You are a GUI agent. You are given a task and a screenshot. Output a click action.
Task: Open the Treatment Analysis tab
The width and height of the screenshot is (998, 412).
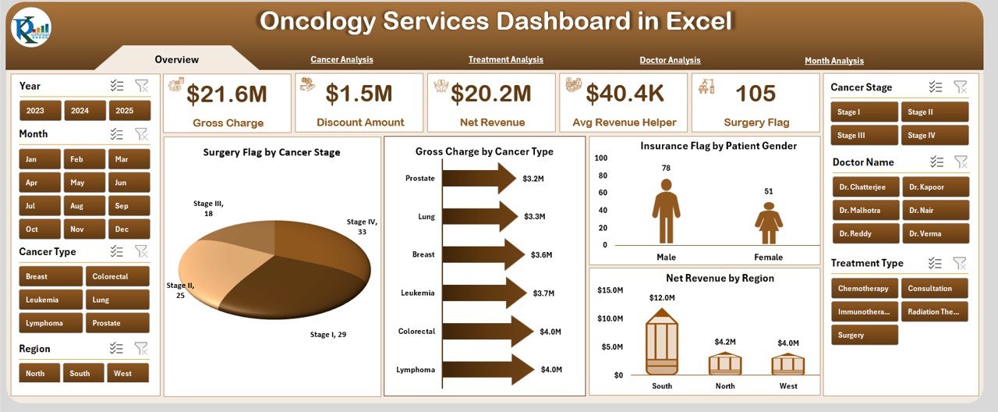[x=505, y=59]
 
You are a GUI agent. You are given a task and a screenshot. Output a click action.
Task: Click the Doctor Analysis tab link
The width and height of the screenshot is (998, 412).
[x=670, y=60]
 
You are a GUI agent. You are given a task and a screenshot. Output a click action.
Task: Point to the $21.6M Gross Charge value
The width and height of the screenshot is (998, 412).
[x=227, y=94]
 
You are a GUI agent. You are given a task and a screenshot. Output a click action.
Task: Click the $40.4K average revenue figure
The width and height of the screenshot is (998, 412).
[x=625, y=94]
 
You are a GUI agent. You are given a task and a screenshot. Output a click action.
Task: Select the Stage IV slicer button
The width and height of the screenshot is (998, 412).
[x=936, y=135]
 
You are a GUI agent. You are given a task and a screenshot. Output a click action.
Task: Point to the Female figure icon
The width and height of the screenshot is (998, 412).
[x=769, y=223]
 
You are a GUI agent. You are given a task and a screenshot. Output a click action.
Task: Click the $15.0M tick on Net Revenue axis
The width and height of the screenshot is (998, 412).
[x=610, y=290]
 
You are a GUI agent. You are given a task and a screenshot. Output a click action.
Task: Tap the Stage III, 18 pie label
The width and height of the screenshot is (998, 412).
[x=209, y=208]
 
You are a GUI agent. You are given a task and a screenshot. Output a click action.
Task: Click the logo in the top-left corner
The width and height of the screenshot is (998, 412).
[x=30, y=29]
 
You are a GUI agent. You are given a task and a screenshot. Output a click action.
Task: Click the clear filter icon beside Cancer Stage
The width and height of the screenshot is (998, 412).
[x=960, y=87]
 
